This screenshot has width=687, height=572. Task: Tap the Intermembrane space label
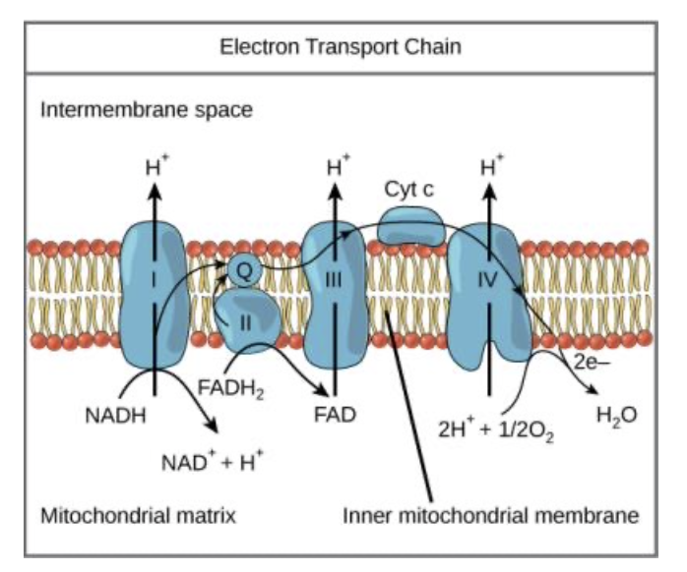click(x=146, y=108)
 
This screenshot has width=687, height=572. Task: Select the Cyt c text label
click(x=409, y=190)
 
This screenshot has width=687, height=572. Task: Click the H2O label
click(x=617, y=414)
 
